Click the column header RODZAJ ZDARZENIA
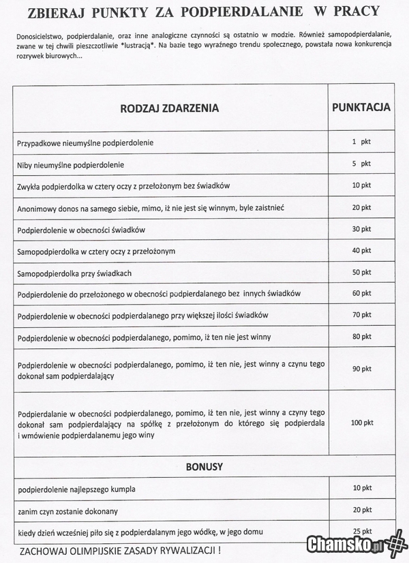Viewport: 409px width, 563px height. [x=170, y=108]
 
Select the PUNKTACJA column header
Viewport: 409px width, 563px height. [x=361, y=107]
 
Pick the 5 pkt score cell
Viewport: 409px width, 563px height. [x=361, y=164]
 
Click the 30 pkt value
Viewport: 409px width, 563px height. [x=361, y=229]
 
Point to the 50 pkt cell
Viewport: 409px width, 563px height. [x=361, y=272]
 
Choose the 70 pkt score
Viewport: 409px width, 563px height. [x=361, y=316]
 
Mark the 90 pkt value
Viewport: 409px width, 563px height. [x=361, y=369]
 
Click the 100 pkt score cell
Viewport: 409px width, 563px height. [x=361, y=423]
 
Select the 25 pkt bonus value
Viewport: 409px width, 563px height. [x=361, y=531]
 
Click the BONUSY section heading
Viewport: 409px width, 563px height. [x=204, y=467]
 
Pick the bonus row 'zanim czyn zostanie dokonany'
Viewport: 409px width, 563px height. [x=68, y=510]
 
